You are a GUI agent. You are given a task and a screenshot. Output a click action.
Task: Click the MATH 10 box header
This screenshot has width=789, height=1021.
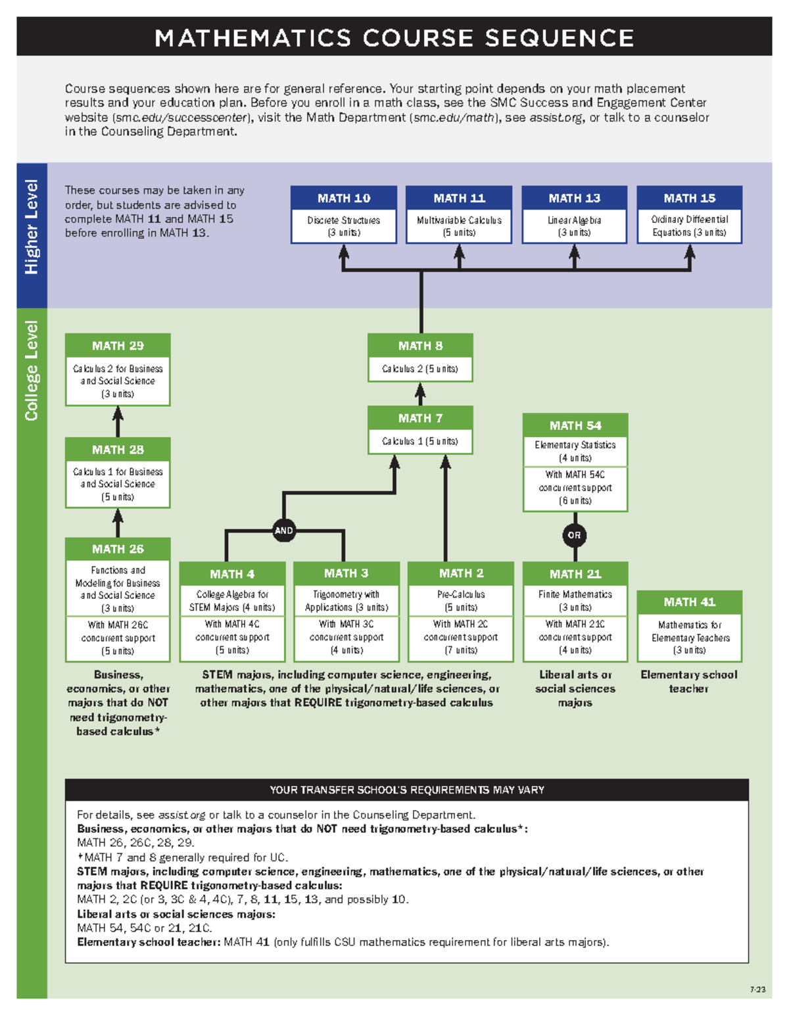tap(344, 198)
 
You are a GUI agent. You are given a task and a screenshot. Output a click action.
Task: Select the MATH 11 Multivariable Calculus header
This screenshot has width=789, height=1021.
tap(459, 198)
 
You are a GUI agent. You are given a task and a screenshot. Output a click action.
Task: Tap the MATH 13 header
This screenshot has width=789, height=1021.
tap(575, 198)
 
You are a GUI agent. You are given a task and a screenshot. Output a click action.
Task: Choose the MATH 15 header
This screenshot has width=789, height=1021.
tap(689, 198)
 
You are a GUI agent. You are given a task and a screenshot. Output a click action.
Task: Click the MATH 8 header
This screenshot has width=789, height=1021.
tap(420, 346)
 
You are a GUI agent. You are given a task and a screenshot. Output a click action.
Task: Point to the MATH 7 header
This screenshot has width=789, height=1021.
tap(420, 418)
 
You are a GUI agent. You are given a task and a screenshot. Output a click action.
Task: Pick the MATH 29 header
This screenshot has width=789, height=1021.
tap(118, 346)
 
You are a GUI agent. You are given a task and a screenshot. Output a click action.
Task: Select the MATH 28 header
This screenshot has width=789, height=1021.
tap(118, 450)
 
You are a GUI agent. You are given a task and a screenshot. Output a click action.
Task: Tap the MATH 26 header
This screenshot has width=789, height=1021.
tap(118, 549)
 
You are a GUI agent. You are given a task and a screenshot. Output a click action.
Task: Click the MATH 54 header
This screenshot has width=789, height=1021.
tap(575, 425)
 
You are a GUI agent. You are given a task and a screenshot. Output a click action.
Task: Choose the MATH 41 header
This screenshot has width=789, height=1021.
tap(689, 602)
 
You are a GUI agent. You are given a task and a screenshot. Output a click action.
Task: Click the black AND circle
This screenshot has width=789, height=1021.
tap(283, 531)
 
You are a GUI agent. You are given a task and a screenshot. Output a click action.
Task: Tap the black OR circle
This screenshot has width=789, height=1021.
tap(575, 535)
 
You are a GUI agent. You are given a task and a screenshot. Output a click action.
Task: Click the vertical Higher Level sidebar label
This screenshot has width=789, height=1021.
tap(32, 227)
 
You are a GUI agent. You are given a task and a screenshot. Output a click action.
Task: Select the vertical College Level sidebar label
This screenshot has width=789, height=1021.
tap(32, 371)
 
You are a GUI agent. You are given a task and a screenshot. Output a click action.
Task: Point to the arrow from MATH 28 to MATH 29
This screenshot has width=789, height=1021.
tap(118, 421)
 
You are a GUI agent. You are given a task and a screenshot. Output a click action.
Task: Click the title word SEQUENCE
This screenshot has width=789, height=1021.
tap(560, 38)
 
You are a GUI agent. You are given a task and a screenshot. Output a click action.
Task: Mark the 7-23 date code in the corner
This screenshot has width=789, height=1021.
tap(757, 989)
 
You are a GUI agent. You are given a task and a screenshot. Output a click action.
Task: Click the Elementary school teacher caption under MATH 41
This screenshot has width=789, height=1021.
tap(689, 682)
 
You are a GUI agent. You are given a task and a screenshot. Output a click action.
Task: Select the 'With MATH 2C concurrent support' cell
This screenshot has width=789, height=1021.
tap(460, 637)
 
